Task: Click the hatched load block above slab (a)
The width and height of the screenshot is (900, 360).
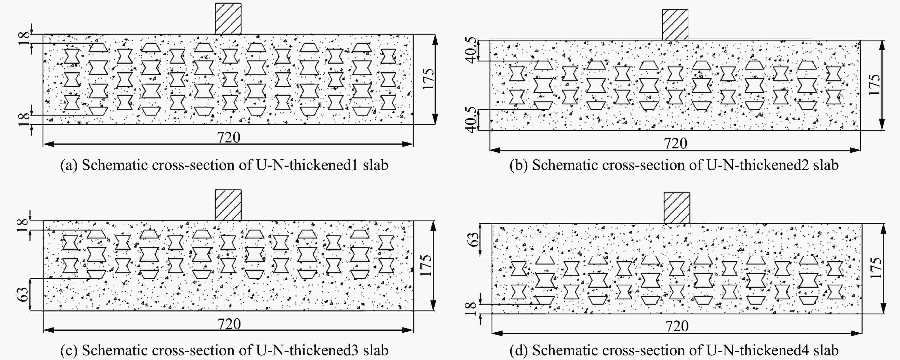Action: point(228,19)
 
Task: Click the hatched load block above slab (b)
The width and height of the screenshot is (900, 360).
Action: point(675,25)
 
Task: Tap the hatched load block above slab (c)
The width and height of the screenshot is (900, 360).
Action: point(228,205)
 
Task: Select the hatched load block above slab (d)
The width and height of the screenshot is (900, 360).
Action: point(676,208)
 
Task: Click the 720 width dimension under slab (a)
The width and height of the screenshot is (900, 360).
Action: point(229,137)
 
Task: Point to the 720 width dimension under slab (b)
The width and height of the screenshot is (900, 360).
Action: point(675,143)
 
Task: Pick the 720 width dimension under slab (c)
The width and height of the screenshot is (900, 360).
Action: point(229,324)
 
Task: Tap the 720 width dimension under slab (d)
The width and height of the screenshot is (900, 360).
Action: point(677,326)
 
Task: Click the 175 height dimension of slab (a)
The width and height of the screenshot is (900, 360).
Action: point(428,79)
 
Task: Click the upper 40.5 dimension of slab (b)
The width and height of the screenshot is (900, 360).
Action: point(471,50)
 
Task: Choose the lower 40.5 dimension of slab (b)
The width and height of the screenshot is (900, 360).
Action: point(471,120)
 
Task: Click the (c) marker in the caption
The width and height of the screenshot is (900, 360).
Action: point(69,350)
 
